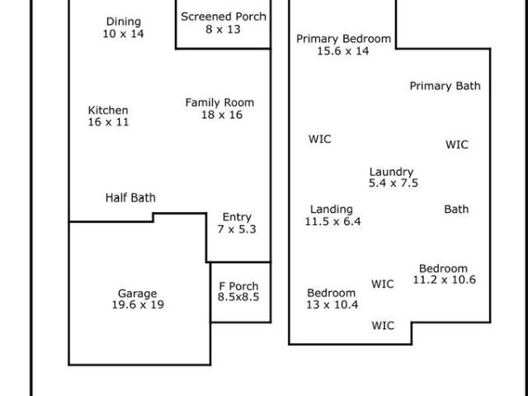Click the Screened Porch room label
tap(224, 16)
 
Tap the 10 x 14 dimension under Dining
tap(123, 34)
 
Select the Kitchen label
tap(108, 110)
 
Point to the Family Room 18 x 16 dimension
tap(222, 115)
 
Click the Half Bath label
tap(130, 198)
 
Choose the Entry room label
tap(237, 217)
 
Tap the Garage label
tap(138, 294)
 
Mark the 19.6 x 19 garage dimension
tap(138, 304)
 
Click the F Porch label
tap(238, 286)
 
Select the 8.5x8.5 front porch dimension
tap(238, 297)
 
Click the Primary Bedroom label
tap(344, 39)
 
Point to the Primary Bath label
tap(445, 86)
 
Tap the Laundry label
tap(391, 172)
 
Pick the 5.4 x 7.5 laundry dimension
tap(394, 183)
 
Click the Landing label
tap(332, 210)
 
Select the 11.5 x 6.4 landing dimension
tap(333, 222)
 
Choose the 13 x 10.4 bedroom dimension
tap(332, 304)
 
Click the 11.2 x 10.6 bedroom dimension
tap(445, 280)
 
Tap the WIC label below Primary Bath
tap(457, 145)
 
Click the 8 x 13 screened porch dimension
tap(223, 30)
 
